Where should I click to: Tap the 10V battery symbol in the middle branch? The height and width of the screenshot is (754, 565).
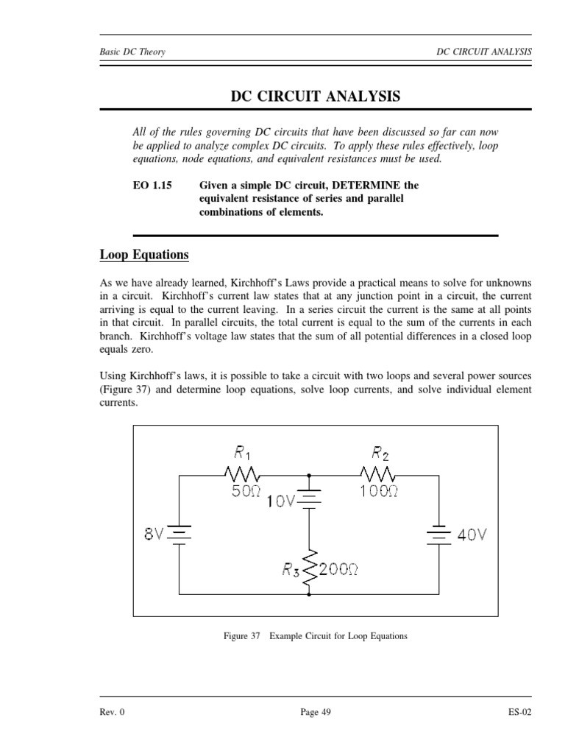coord(309,499)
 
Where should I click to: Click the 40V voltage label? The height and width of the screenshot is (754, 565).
coord(472,535)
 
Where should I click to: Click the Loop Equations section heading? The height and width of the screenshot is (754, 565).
coord(144,255)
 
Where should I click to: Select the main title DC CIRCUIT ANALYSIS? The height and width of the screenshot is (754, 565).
coord(316,96)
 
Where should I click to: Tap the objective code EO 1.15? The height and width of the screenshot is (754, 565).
coord(152,186)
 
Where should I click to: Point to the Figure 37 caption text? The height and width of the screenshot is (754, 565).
coord(315,635)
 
